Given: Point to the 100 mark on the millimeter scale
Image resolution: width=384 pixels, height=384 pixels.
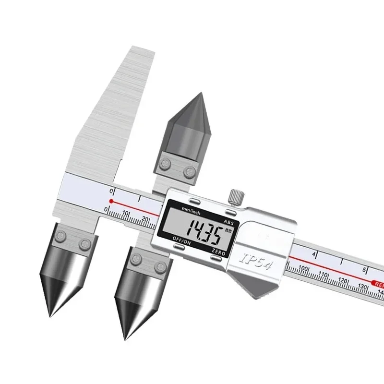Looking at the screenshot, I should pos(303,269).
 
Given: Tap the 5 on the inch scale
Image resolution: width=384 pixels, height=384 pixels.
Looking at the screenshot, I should pos(365,269).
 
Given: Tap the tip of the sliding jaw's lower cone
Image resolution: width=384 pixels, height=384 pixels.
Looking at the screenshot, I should pos(126,339).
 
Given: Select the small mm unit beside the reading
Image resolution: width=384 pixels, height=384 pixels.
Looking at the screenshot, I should pos(228,231).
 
